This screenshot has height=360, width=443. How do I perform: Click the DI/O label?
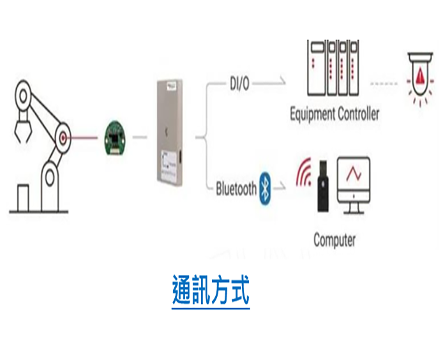pyautogui.click(x=239, y=83)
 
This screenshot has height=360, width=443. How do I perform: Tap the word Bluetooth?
pyautogui.click(x=236, y=189)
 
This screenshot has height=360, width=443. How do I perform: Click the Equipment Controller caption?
pyautogui.click(x=334, y=114)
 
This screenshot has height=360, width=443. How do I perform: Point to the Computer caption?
pyautogui.click(x=334, y=240)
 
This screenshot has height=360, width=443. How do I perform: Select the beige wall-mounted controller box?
pyautogui.click(x=169, y=133)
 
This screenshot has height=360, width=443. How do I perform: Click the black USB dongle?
pyautogui.click(x=323, y=188)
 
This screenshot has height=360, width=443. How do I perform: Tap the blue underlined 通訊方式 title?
pyautogui.click(x=211, y=292)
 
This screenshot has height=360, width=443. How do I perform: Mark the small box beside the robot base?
pyautogui.click(x=24, y=196)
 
